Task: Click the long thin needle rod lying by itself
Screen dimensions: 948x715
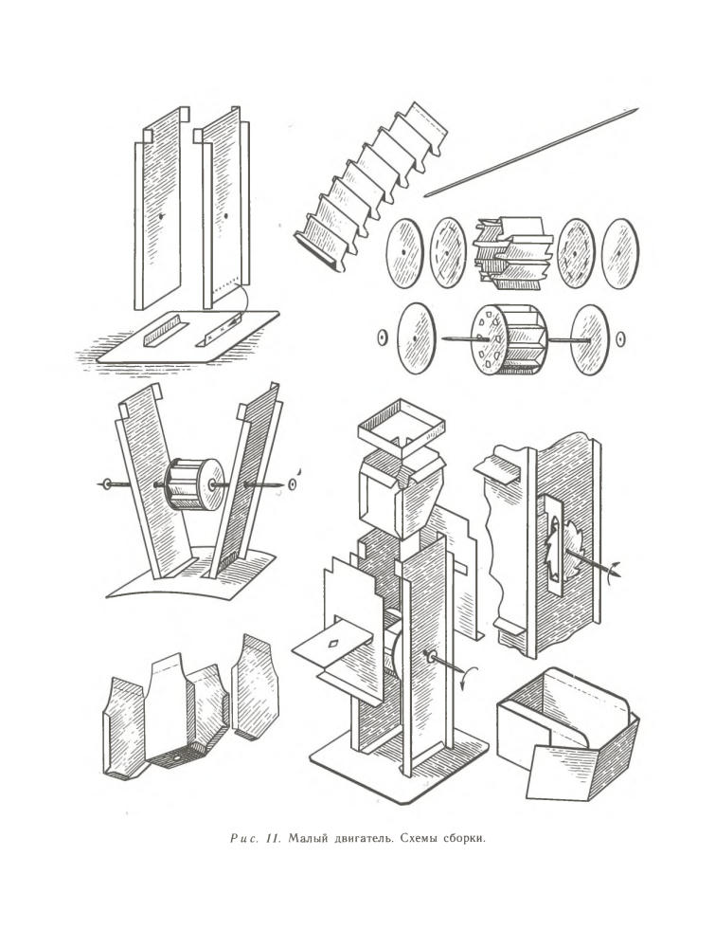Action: point(530,152)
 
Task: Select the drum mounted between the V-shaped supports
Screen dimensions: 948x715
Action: point(194,483)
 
